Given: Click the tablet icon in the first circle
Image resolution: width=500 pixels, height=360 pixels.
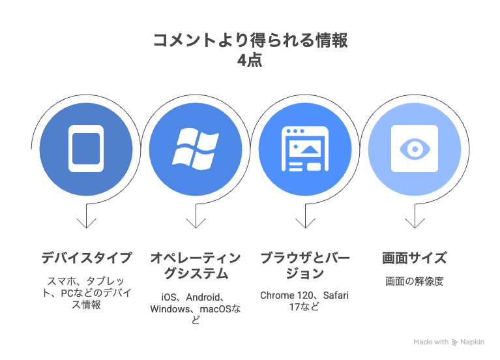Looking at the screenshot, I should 86,148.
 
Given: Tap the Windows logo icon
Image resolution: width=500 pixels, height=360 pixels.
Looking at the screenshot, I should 195,148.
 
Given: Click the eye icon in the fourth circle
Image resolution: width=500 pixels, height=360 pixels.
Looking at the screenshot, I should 414,148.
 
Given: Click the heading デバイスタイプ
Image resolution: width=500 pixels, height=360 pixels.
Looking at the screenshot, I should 86,258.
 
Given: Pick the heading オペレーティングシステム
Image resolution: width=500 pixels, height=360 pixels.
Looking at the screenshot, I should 195,265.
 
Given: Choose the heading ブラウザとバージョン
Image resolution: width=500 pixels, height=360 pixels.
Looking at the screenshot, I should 304,265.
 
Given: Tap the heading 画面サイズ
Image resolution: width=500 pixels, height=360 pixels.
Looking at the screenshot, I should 414,258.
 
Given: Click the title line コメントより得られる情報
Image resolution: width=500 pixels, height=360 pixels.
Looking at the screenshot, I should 250,40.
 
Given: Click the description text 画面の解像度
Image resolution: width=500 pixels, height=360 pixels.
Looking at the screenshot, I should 414,282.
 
